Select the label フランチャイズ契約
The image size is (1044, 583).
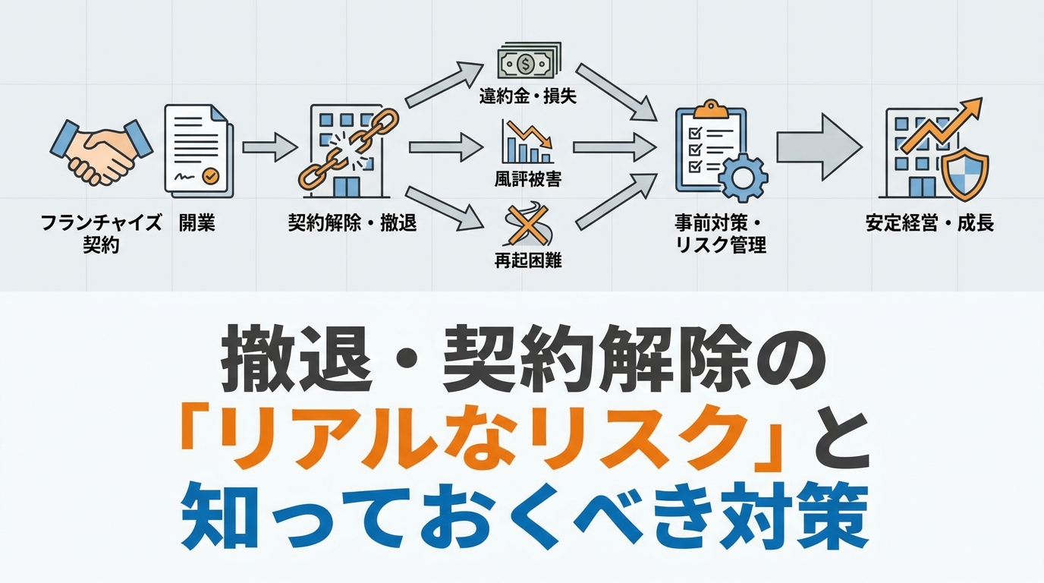(102, 234)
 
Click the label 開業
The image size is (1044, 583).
(197, 223)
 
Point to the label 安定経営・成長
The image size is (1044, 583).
(929, 223)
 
